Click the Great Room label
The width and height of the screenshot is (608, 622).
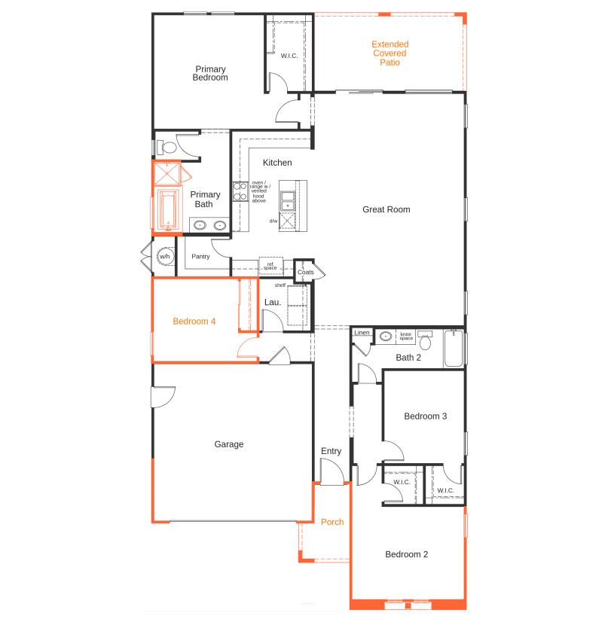click(386, 209)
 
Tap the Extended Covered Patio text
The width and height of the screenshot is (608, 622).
click(389, 53)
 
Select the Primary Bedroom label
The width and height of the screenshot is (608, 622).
click(210, 73)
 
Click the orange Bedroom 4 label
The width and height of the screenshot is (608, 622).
click(194, 321)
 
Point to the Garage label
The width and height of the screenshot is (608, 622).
click(229, 444)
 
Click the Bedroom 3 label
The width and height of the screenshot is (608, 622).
click(426, 416)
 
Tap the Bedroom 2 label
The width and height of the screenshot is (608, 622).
click(406, 554)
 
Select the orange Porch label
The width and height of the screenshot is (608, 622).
click(332, 522)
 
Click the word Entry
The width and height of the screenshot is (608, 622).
click(331, 451)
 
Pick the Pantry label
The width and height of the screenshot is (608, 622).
click(200, 256)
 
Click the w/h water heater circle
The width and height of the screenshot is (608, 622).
click(164, 257)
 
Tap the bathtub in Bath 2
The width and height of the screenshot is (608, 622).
click(454, 349)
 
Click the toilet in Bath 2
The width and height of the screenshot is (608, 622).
click(425, 342)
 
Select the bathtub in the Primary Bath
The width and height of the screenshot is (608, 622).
click(167, 211)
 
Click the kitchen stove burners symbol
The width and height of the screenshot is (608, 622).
click(240, 192)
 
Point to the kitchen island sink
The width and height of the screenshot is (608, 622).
click(288, 200)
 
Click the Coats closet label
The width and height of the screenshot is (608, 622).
click(305, 272)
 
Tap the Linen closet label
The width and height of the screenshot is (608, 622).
click(362, 332)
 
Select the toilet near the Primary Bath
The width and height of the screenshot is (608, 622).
click(167, 147)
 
